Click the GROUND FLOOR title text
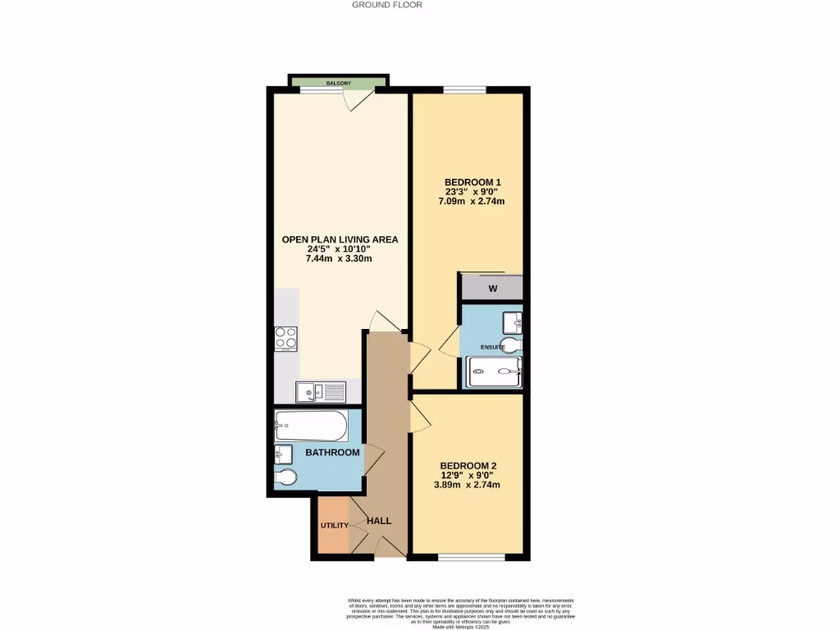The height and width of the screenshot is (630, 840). point(386,5)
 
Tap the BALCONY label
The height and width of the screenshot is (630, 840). point(339,84)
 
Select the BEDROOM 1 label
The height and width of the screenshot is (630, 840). point(472,182)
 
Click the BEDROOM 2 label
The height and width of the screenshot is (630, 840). point(468,465)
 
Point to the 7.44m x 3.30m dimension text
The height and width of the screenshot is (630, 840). point(340,259)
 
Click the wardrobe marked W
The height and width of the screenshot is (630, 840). point(492,288)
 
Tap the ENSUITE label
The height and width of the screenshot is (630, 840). point(492,347)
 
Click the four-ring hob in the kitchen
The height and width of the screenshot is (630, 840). point(285,338)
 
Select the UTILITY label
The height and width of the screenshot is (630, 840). point(335,526)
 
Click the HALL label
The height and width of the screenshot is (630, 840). point(379,521)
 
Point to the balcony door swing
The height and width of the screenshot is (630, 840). point(358,100)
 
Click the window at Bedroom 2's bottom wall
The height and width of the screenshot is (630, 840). point(471,558)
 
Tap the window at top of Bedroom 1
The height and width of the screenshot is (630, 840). point(464,89)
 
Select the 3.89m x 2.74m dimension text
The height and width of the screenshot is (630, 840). point(468,485)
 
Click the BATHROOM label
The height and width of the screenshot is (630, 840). point(332,453)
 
